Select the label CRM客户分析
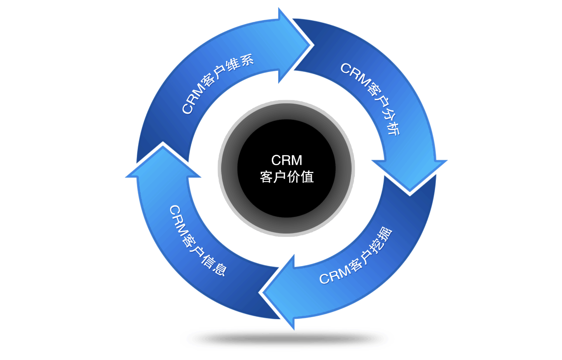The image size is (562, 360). (369, 98)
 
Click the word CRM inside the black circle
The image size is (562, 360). (287, 160)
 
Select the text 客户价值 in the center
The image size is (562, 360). (287, 177)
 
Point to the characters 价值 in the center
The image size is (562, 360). (300, 177)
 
